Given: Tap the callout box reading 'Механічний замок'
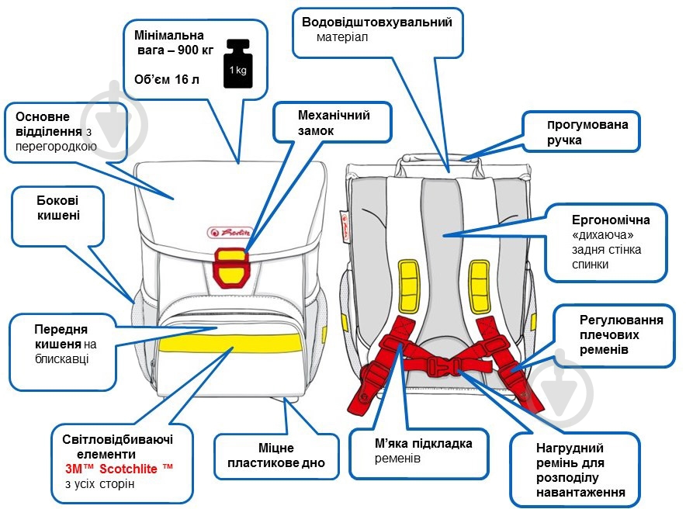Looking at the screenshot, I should click(334, 123).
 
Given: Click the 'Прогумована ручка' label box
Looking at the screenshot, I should click(581, 131).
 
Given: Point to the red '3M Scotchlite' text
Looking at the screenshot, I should click(120, 469).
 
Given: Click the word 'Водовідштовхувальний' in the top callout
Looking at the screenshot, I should click(376, 22).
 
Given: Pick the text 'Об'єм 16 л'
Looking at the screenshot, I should click(166, 79).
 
